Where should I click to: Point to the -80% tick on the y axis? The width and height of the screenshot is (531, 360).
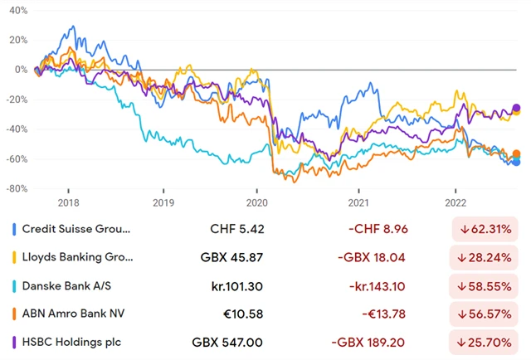click(15, 188)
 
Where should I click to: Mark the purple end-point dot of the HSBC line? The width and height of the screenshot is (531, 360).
click(516, 108)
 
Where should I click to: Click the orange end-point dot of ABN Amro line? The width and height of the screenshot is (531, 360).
click(516, 154)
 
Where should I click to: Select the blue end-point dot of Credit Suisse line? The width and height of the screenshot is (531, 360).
click(516, 162)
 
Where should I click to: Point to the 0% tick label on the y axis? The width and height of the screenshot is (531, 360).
click(19, 70)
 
